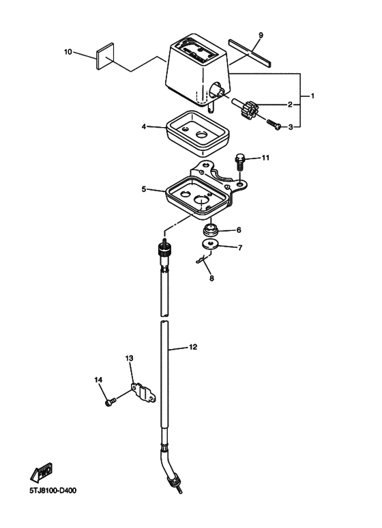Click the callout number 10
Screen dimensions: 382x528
pos(68,52)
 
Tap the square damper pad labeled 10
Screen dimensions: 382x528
pos(105,56)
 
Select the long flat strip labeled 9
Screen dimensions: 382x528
pos(250,52)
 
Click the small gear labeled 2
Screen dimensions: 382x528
pos(248,109)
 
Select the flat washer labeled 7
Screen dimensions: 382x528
pos(211,243)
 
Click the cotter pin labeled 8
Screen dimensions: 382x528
pos(201,260)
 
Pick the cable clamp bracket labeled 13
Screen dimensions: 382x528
pos(143,392)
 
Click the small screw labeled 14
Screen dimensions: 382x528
pos(111,402)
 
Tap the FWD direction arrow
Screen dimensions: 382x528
pos(42,471)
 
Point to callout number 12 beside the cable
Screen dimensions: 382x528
pos(192,347)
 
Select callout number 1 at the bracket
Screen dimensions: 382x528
pos(312,96)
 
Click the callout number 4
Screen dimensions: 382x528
pos(144,126)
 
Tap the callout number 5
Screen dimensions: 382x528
pos(144,189)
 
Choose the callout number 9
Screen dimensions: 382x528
pos(261,35)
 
